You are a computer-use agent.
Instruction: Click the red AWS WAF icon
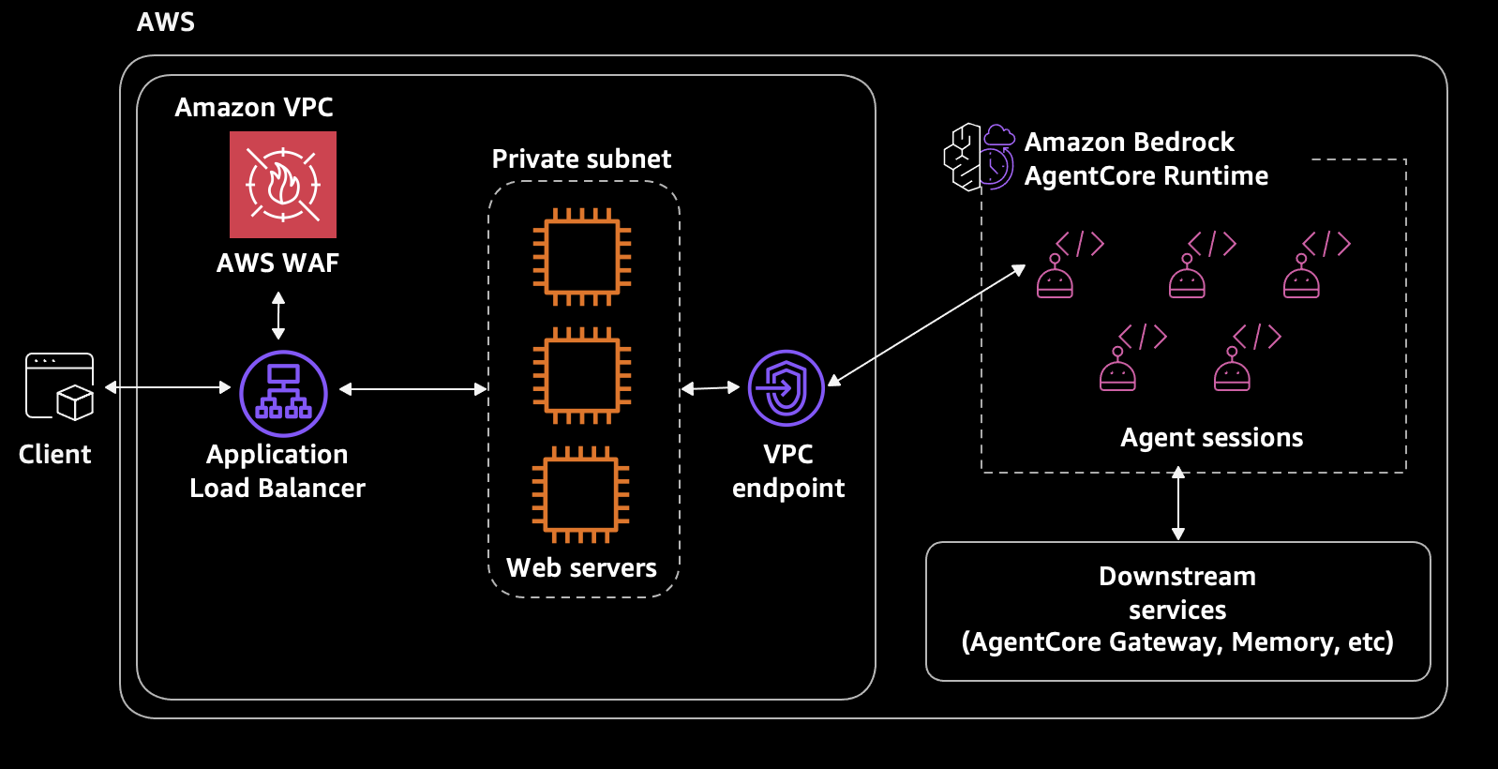click(282, 184)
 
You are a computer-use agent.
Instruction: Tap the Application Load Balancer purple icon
click(283, 393)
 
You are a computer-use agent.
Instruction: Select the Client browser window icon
click(59, 385)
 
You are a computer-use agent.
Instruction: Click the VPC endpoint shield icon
click(786, 387)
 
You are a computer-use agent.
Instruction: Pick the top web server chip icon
click(581, 256)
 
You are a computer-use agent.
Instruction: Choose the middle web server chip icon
click(581, 375)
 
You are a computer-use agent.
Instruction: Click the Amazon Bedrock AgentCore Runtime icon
click(979, 157)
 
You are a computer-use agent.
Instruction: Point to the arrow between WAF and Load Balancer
click(278, 315)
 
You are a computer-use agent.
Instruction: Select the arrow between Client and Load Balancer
click(168, 386)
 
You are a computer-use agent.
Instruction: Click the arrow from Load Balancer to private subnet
click(412, 388)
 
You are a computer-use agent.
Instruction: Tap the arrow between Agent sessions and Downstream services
click(1178, 504)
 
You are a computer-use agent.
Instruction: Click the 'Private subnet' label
click(581, 158)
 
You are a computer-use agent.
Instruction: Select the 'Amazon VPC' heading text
click(254, 107)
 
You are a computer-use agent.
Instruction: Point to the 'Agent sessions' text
click(1211, 437)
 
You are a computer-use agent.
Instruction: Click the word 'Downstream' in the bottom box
click(1176, 576)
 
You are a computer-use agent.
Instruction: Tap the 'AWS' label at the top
click(166, 22)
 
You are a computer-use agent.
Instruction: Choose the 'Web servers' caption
click(581, 567)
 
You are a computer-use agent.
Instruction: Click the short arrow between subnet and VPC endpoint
click(710, 387)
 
